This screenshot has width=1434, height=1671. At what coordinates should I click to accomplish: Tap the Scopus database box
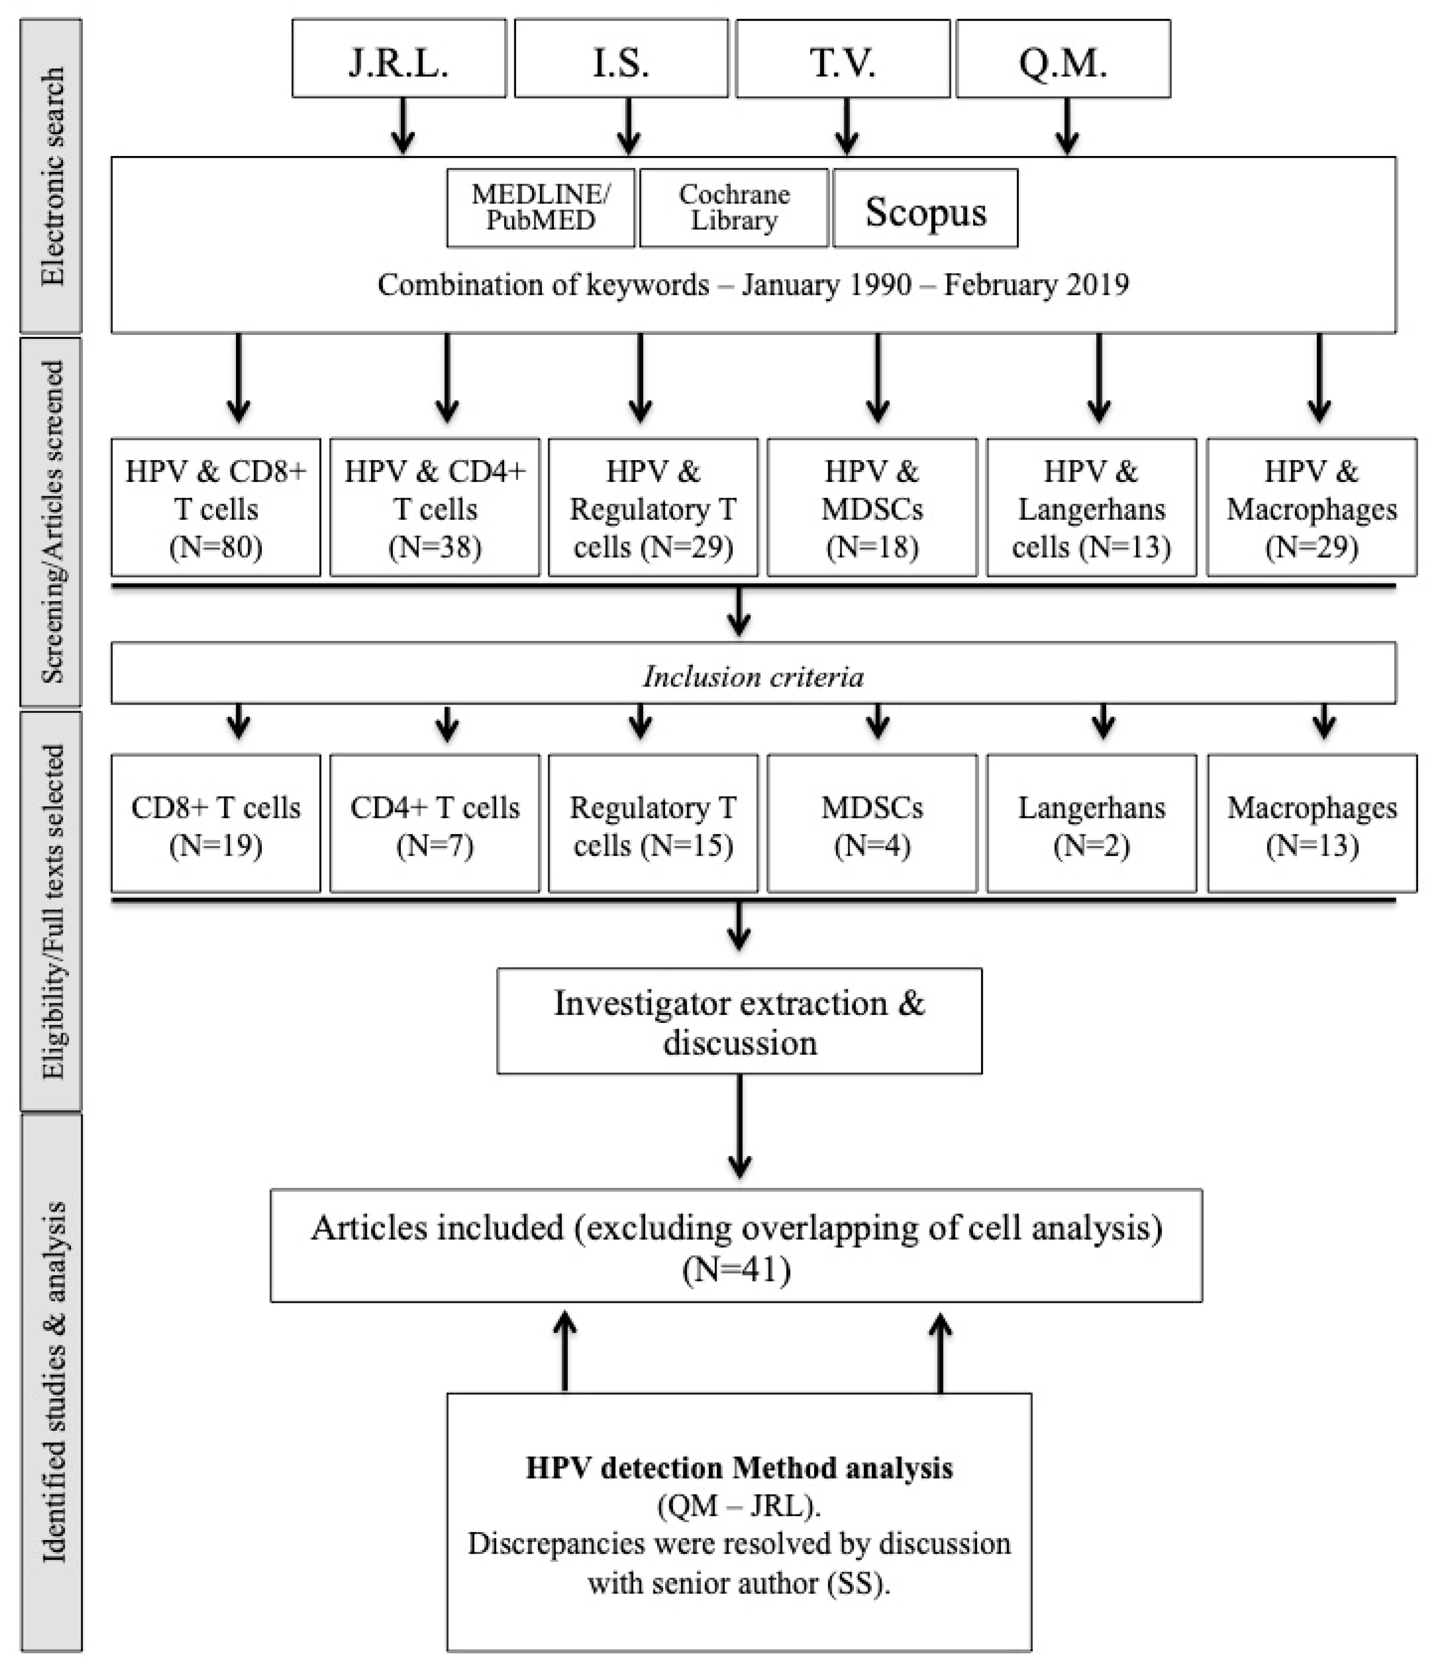925,208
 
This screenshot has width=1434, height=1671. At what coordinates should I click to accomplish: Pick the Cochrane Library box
734,208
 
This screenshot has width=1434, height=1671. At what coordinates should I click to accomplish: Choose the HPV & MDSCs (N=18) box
872,507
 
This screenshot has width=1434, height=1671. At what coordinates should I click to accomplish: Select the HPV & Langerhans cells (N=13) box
1091,507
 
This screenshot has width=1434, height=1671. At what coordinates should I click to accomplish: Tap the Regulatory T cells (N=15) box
653,824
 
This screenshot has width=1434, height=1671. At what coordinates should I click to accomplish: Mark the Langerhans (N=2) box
1091,824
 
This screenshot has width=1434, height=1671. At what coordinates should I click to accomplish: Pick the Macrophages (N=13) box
1312,824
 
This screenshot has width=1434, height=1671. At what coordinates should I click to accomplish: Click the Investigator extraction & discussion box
740,1021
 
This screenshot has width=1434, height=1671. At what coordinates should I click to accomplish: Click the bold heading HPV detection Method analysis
740,1468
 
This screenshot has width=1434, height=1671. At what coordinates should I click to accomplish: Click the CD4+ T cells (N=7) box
435,824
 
